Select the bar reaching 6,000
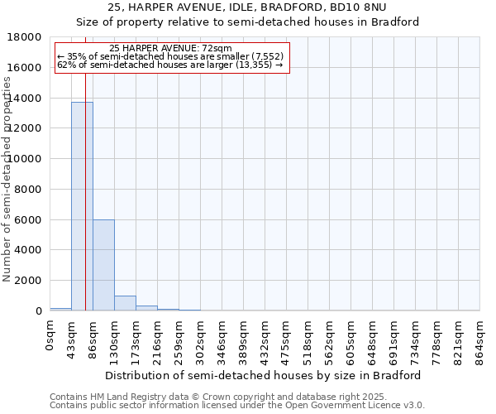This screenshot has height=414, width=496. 103,265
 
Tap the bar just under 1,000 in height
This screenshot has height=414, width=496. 125,303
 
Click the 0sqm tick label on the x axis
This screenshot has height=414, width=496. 50,339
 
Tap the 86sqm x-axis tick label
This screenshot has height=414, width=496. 93,340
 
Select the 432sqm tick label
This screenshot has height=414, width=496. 265,343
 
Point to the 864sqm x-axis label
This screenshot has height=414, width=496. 480,343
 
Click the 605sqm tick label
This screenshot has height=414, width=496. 351,343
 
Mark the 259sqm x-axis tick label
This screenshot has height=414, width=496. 179,343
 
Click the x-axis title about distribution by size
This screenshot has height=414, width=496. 265,375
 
